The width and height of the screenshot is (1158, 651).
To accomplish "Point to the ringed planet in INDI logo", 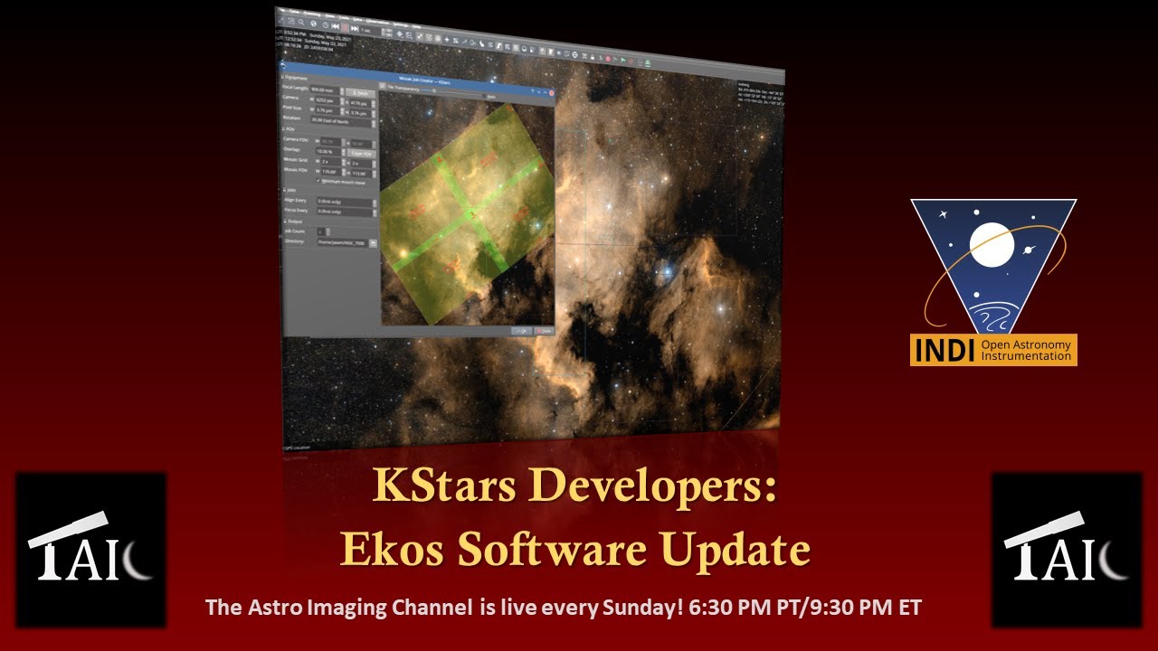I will tap(1029, 250).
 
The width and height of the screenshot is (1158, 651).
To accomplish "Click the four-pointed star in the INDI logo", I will tap(944, 215).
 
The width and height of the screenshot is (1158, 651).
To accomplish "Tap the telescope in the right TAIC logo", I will tap(1042, 530).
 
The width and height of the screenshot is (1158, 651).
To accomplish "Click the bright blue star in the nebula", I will tap(668, 268).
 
